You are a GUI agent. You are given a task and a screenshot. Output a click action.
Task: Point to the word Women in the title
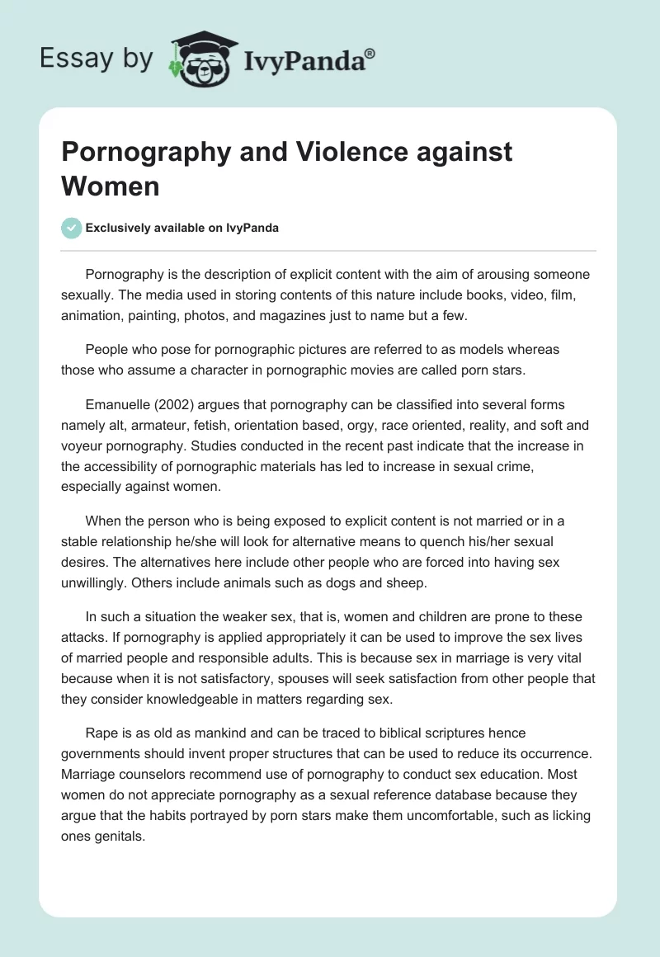(x=111, y=186)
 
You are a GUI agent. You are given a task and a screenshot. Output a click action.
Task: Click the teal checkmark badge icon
(x=72, y=228)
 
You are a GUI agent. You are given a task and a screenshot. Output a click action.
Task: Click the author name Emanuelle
(x=122, y=404)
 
